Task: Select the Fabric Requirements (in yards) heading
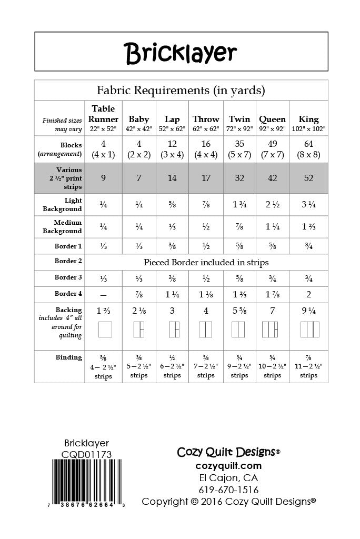point(181,90)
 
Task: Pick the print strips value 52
point(308,178)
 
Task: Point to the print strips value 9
point(103,178)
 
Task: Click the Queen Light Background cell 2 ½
point(272,204)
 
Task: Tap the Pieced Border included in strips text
point(206,262)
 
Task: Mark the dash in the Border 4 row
point(103,295)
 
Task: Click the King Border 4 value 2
point(308,294)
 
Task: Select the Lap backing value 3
point(172,311)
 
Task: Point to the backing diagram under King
point(309,329)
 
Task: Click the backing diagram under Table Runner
point(105,329)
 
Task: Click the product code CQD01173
point(86,454)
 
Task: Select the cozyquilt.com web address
point(228,465)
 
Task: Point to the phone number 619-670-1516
point(228,490)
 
